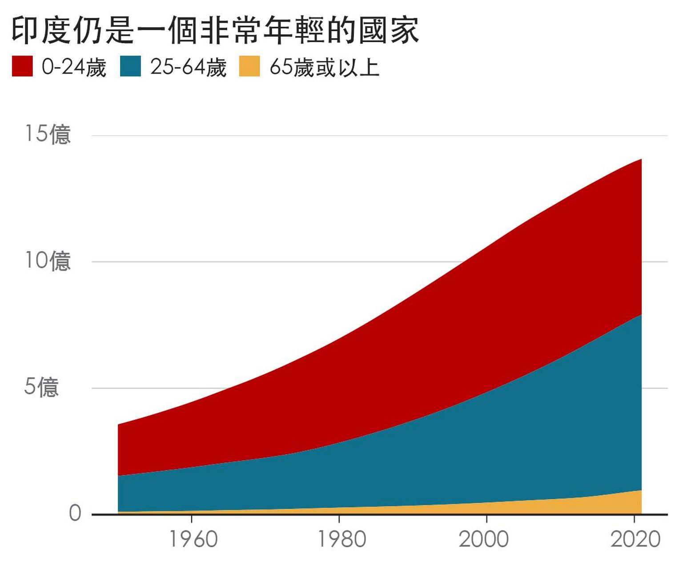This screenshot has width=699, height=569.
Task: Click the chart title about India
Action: pyautogui.click(x=215, y=31)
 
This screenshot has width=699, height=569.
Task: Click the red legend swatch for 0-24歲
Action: pyautogui.click(x=22, y=66)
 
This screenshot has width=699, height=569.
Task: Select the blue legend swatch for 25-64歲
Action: pyautogui.click(x=131, y=66)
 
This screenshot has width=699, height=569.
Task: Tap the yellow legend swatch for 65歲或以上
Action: pyautogui.click(x=249, y=66)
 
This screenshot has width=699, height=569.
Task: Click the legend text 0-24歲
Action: pyautogui.click(x=74, y=67)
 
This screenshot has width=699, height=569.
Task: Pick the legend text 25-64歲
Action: pyautogui.click(x=189, y=67)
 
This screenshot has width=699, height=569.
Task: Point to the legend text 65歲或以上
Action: pyautogui.click(x=325, y=67)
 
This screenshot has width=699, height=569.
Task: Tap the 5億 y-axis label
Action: pyautogui.click(x=41, y=386)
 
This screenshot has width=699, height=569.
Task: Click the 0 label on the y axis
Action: pyautogui.click(x=75, y=513)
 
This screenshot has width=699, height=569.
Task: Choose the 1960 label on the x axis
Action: pyautogui.click(x=193, y=539)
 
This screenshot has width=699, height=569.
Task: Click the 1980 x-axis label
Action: pyautogui.click(x=341, y=539)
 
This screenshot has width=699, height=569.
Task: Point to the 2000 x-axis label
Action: pyautogui.click(x=484, y=539)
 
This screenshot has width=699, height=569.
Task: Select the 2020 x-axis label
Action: pyautogui.click(x=635, y=539)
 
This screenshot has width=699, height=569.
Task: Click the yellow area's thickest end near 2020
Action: pyautogui.click(x=636, y=502)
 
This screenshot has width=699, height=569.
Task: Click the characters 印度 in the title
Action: pyautogui.click(x=42, y=31)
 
